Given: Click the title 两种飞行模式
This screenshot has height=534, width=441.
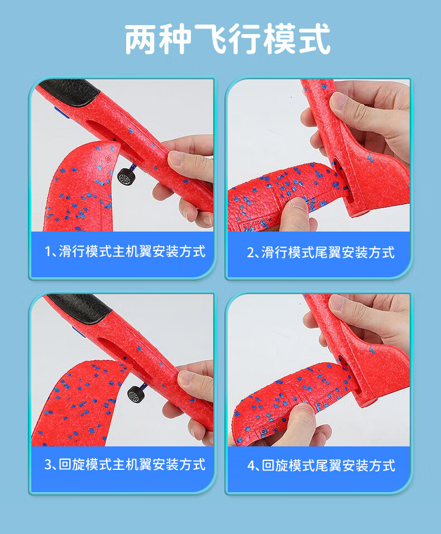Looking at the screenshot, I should [227, 39].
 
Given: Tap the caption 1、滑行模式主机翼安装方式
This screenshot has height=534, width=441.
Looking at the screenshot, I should [125, 252].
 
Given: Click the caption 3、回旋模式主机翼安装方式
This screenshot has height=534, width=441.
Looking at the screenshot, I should [125, 464].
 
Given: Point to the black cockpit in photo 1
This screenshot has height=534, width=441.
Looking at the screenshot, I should [70, 92].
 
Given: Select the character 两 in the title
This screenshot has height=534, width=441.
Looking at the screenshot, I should [140, 39].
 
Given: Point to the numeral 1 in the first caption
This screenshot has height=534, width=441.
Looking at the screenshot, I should [49, 252].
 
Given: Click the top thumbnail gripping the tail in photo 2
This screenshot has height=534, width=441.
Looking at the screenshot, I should [338, 102].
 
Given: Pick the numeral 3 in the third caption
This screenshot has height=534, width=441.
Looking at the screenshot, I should [48, 464].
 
